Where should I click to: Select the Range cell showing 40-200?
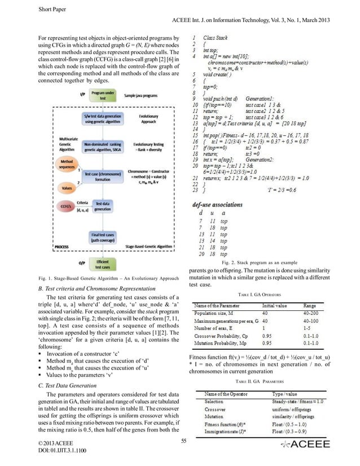click(314, 311)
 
